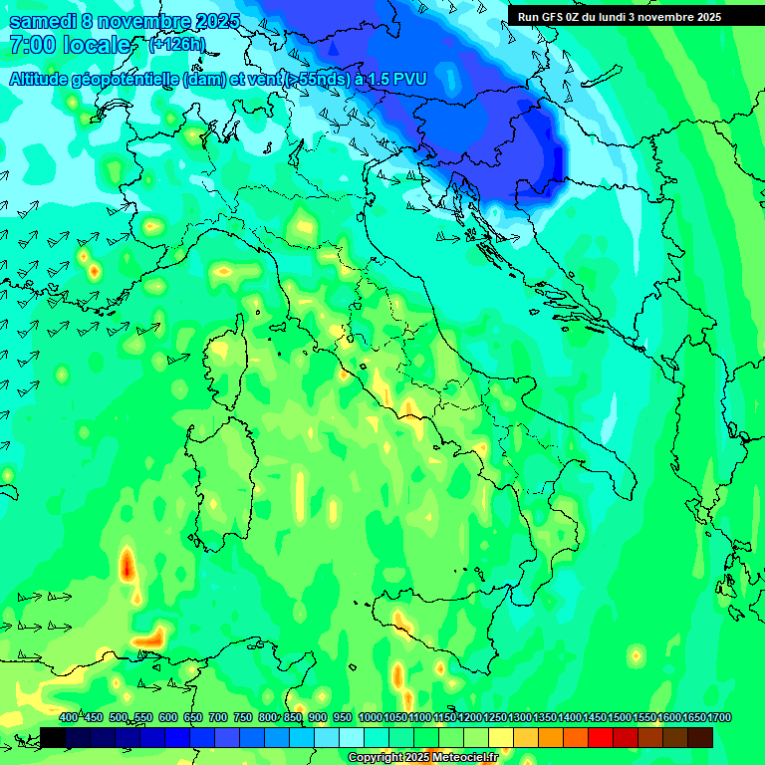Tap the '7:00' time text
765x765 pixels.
tap(31, 45)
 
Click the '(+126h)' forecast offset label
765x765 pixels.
tap(176, 45)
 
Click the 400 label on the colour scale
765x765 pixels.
tap(68, 718)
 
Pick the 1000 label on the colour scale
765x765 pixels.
tap(370, 718)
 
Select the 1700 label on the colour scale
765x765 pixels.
tap(718, 718)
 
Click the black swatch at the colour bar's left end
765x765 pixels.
tap(53, 737)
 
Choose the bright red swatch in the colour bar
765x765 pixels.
tap(601, 737)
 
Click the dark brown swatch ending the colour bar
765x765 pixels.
tap(700, 737)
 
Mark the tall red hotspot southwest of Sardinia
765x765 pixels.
tap(127, 566)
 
